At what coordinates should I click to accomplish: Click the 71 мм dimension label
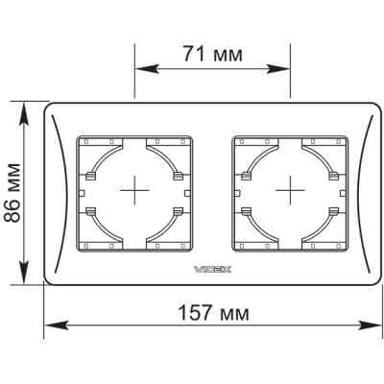212,54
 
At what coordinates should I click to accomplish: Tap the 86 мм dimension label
12,193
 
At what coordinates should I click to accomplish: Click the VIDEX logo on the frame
212,270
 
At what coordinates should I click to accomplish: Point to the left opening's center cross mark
134,191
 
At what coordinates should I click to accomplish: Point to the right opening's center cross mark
290,191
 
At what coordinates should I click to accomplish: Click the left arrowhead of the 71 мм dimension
147,69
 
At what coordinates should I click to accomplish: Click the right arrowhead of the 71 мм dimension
277,69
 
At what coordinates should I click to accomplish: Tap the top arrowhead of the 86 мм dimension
24,114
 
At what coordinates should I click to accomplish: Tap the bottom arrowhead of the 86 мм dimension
24,272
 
